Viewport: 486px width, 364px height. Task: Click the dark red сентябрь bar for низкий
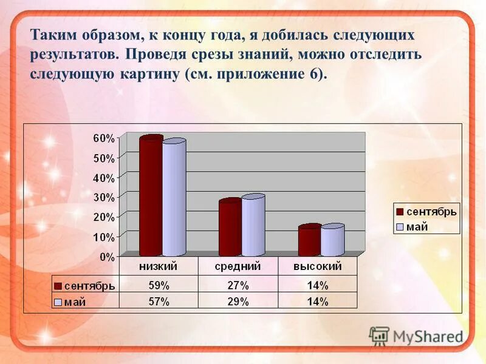coord(151,197)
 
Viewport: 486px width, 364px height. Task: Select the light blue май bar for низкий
coord(174,199)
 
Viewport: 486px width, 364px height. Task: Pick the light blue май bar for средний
coord(253,226)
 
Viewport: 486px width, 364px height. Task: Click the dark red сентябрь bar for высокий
coord(309,241)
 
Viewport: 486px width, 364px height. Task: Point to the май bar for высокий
coord(332,241)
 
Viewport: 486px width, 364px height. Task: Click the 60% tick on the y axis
coord(103,138)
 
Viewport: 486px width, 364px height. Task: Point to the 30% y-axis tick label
coord(103,197)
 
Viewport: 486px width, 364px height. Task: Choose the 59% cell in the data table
coord(159,285)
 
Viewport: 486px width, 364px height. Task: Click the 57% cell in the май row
coord(159,302)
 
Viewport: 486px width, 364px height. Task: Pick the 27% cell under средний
coord(238,285)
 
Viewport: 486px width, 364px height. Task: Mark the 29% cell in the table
coord(238,302)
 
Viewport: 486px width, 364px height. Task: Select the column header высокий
coord(317,266)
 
